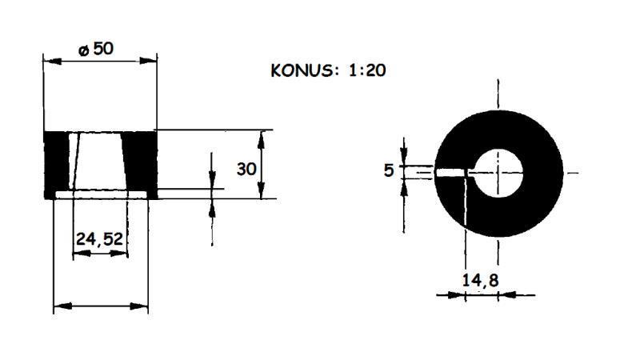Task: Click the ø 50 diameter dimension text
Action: pos(96,49)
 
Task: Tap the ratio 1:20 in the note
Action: pos(367,70)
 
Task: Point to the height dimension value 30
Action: pos(246,169)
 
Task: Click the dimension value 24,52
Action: pos(101,238)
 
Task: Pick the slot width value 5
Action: pos(389,170)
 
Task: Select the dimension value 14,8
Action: pos(479,279)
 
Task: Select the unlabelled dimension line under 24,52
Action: pos(101,306)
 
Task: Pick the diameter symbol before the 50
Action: pos(83,50)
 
